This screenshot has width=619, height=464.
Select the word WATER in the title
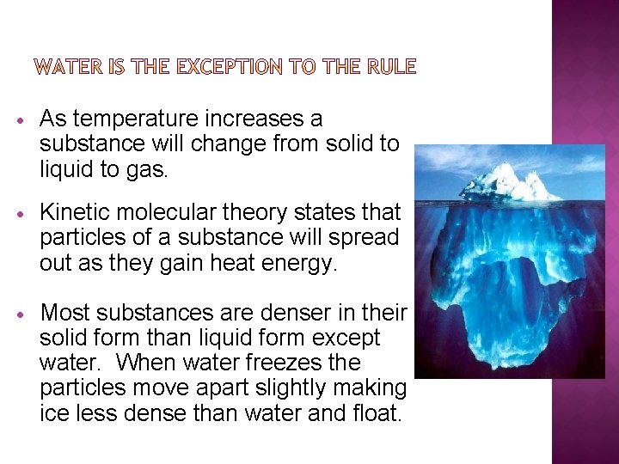[71, 66]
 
